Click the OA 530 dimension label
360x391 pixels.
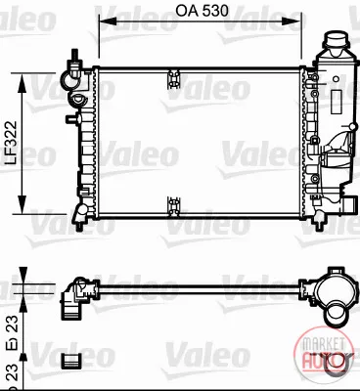pyautogui.click(x=202, y=11)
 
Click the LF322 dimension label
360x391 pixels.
pyautogui.click(x=12, y=143)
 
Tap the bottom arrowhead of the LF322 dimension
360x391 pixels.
pyautogui.click(x=22, y=204)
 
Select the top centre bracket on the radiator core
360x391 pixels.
pyautogui.click(x=173, y=79)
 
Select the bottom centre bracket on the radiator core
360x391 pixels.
pyautogui.click(x=173, y=206)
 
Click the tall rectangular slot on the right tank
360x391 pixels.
pyautogui.click(x=337, y=102)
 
